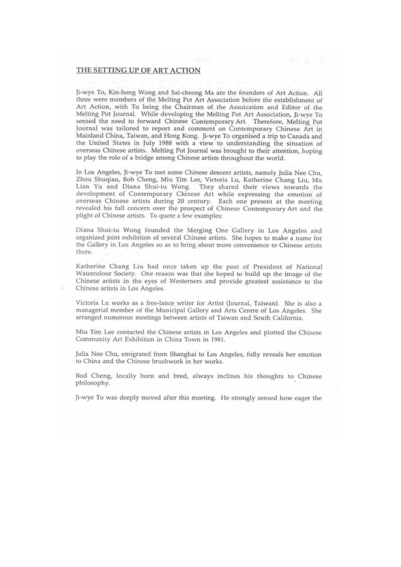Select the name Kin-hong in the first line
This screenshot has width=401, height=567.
118,93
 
